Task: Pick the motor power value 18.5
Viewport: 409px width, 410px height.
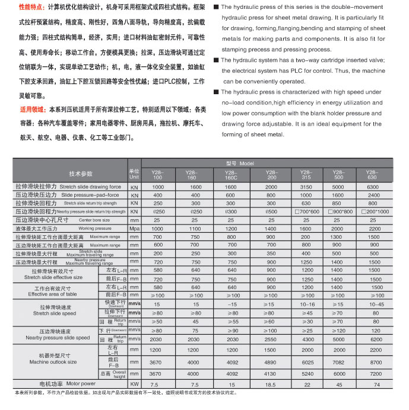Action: (271, 384)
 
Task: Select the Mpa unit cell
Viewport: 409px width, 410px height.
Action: (134, 228)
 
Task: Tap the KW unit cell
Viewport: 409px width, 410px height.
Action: (134, 384)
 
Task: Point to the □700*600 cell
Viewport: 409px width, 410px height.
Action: (306, 212)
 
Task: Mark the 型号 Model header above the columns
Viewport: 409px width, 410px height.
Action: (239, 163)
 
